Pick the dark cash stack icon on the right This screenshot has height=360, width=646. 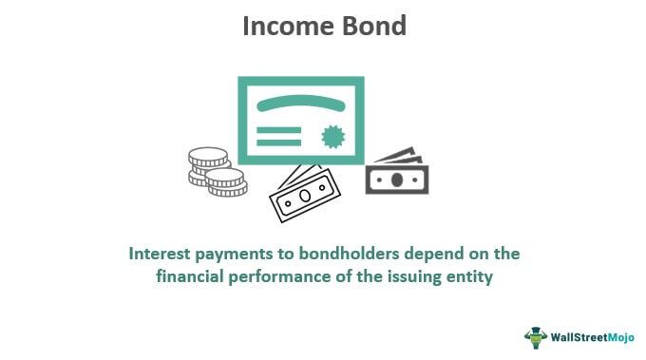[x=396, y=170]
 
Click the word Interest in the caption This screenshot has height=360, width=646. [x=162, y=254]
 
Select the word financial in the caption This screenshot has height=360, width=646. [x=189, y=278]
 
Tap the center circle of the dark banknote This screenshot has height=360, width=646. [x=396, y=178]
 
